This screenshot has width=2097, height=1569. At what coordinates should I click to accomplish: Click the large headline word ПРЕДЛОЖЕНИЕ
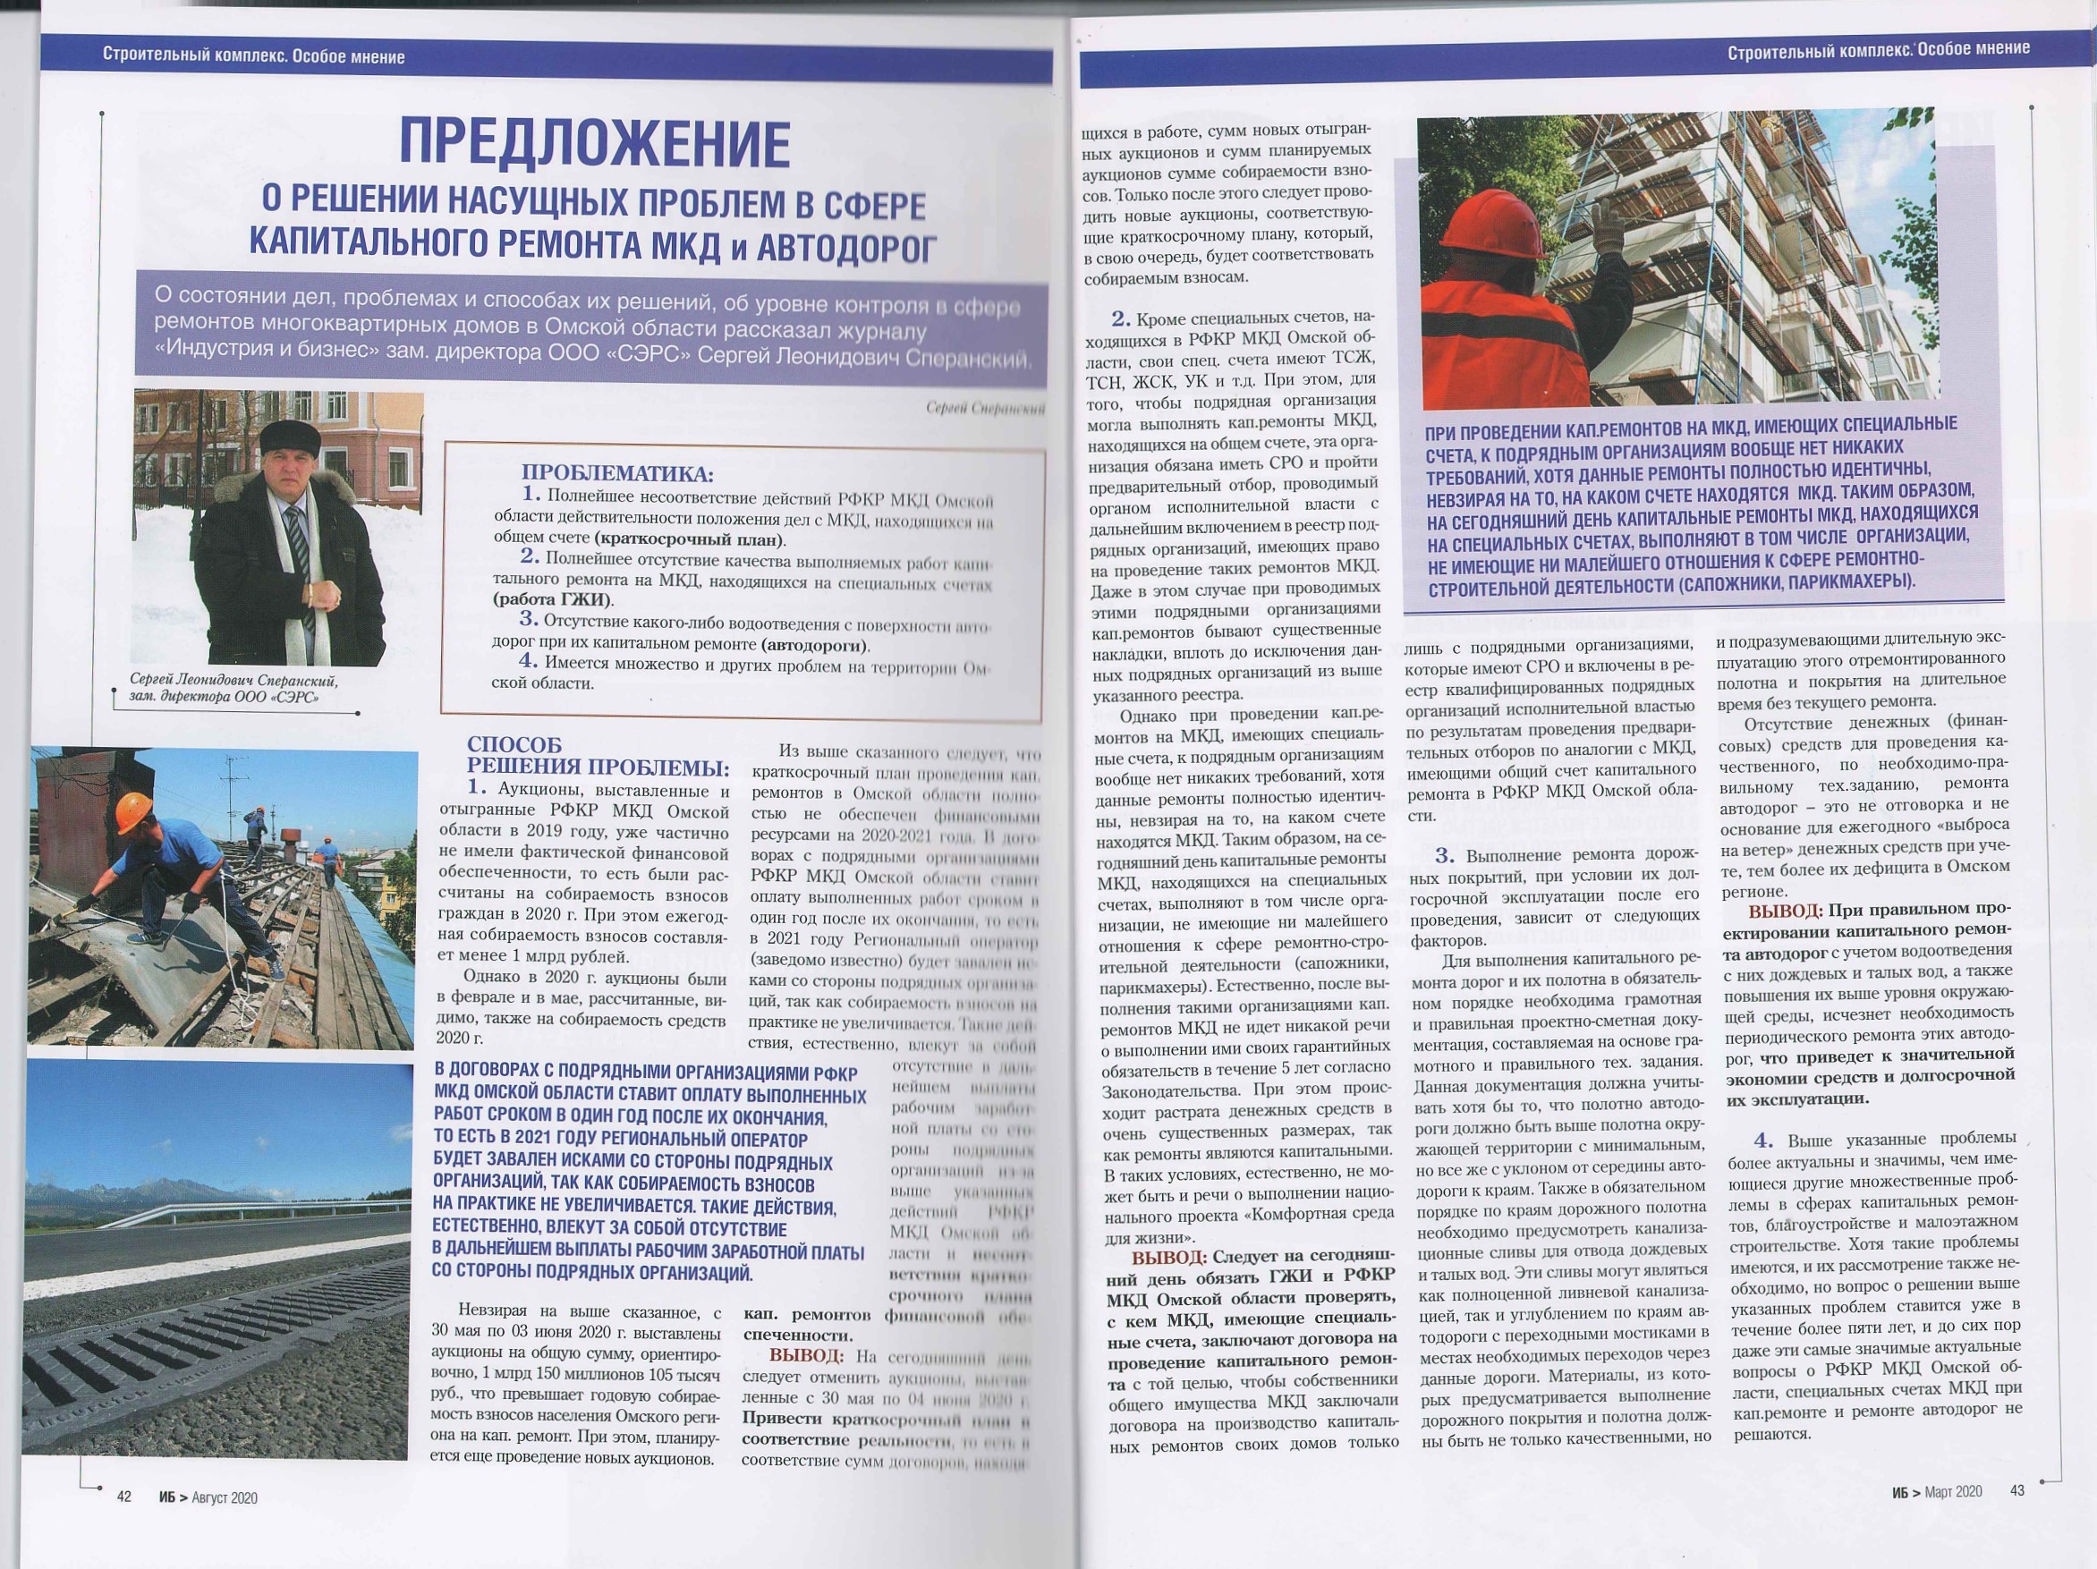click(593, 145)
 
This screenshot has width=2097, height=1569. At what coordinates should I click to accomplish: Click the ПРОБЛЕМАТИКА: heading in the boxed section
click(617, 473)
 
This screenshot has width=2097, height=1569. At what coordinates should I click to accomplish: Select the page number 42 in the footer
click(124, 1497)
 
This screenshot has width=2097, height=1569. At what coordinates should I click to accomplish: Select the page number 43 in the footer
click(2016, 1490)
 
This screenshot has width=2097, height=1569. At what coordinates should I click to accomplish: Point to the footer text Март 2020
click(1953, 1491)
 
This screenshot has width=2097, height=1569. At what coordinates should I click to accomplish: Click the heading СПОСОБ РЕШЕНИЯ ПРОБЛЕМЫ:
click(598, 757)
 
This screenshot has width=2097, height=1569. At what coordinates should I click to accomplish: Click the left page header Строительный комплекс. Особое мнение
click(253, 56)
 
